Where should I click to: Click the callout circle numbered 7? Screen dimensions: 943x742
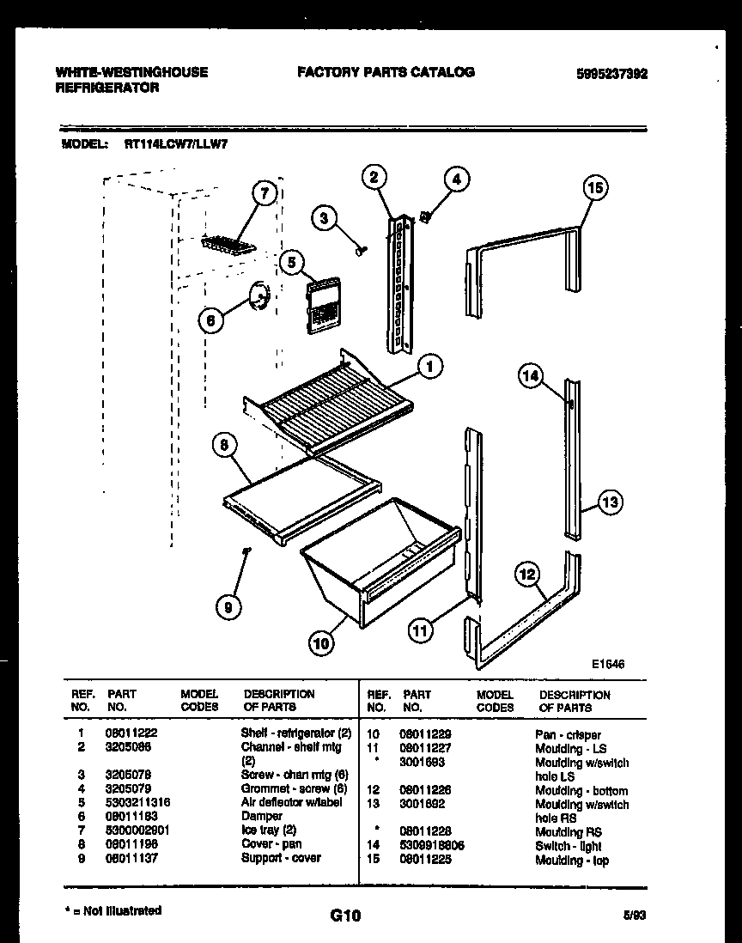coord(265,194)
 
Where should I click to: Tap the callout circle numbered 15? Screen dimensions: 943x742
coord(595,187)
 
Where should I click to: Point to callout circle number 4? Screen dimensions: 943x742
coord(457,179)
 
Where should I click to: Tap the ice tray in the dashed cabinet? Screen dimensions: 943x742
coord(229,245)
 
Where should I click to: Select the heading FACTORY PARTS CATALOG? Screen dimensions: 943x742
coord(386,72)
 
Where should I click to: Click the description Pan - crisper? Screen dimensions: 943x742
coord(568,735)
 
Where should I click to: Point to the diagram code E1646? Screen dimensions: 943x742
coord(607,664)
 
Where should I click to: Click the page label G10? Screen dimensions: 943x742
coord(345,916)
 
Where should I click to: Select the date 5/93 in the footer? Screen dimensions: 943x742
coord(635,916)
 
